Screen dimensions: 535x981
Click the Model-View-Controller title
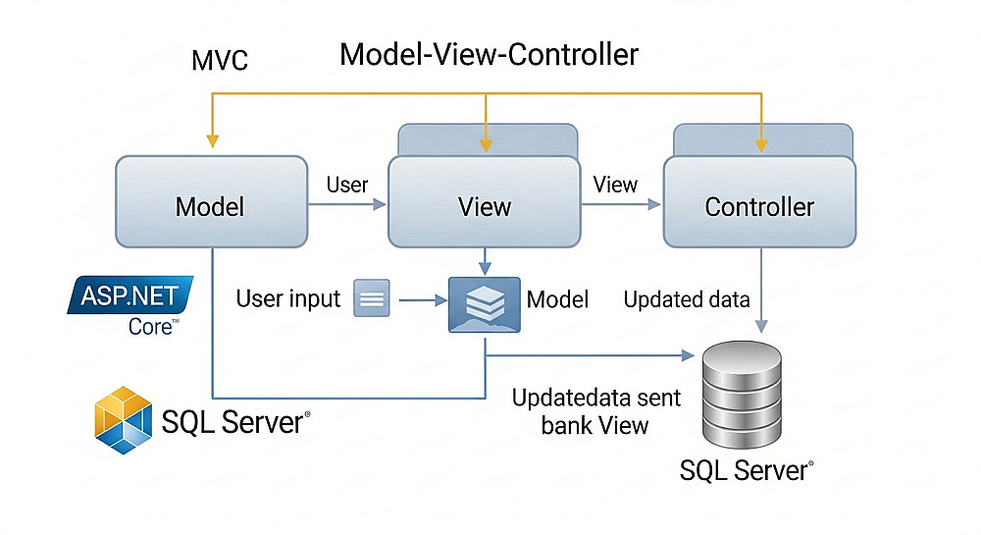click(x=489, y=54)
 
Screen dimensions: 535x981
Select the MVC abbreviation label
click(x=220, y=61)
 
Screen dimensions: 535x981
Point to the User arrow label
click(x=346, y=185)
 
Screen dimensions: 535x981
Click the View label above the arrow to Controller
click(x=616, y=185)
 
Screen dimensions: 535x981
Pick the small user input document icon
click(x=372, y=298)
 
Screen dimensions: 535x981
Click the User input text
click(x=288, y=298)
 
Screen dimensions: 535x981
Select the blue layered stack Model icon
click(x=484, y=303)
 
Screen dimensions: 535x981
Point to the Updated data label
click(x=687, y=299)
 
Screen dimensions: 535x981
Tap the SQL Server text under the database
click(x=746, y=471)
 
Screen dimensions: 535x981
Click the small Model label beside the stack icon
click(x=557, y=298)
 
